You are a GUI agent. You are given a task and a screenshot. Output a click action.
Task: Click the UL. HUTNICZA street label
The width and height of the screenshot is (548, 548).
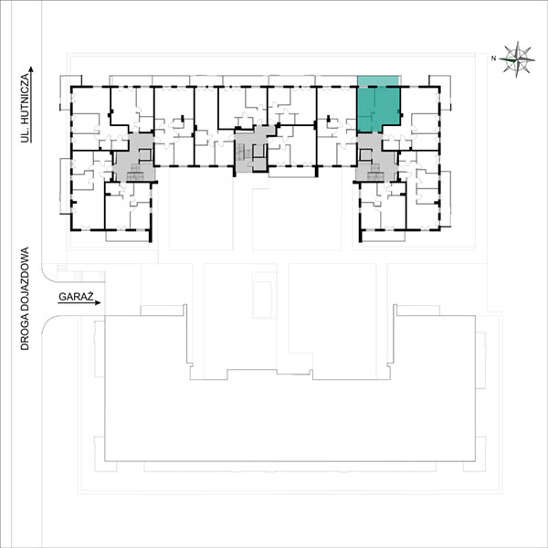tap(25, 108)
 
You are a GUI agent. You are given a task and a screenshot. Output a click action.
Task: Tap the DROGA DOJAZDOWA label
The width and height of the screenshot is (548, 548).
tap(25, 299)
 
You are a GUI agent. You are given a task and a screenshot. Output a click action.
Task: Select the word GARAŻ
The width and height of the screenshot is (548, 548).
tap(76, 297)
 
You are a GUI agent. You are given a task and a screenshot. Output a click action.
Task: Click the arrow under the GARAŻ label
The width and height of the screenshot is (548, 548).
tap(79, 303)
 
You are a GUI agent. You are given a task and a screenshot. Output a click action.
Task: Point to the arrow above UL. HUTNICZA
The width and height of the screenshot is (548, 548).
tap(31, 105)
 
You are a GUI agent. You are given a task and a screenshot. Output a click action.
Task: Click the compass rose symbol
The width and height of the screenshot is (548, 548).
tap(517, 59)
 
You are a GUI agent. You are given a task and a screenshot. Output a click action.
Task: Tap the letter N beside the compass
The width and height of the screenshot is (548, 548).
tap(493, 58)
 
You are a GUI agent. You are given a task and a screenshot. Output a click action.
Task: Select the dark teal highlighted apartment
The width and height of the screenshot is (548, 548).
tap(378, 109)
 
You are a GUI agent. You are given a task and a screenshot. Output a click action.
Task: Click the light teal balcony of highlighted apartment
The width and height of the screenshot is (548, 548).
tap(378, 80)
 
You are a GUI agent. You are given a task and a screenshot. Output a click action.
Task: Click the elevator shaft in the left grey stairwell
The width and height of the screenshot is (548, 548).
tap(145, 155)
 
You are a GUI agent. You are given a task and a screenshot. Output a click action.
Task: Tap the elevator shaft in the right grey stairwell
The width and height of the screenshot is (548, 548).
tap(365, 155)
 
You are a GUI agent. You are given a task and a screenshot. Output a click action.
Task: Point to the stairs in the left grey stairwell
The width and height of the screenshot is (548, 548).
tap(135, 173)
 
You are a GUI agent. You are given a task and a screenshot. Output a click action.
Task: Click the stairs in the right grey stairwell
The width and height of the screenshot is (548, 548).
tap(375, 173)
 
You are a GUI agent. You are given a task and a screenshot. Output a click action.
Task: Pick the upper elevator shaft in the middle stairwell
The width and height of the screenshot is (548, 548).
tap(258, 151)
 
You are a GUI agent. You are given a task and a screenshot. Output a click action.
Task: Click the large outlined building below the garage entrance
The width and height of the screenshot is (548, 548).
tap(290, 388)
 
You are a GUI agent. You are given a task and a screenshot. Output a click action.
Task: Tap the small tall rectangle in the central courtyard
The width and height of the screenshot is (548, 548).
tap(262, 296)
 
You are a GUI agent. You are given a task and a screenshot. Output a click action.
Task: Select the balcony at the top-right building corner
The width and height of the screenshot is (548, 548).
tap(440, 92)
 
